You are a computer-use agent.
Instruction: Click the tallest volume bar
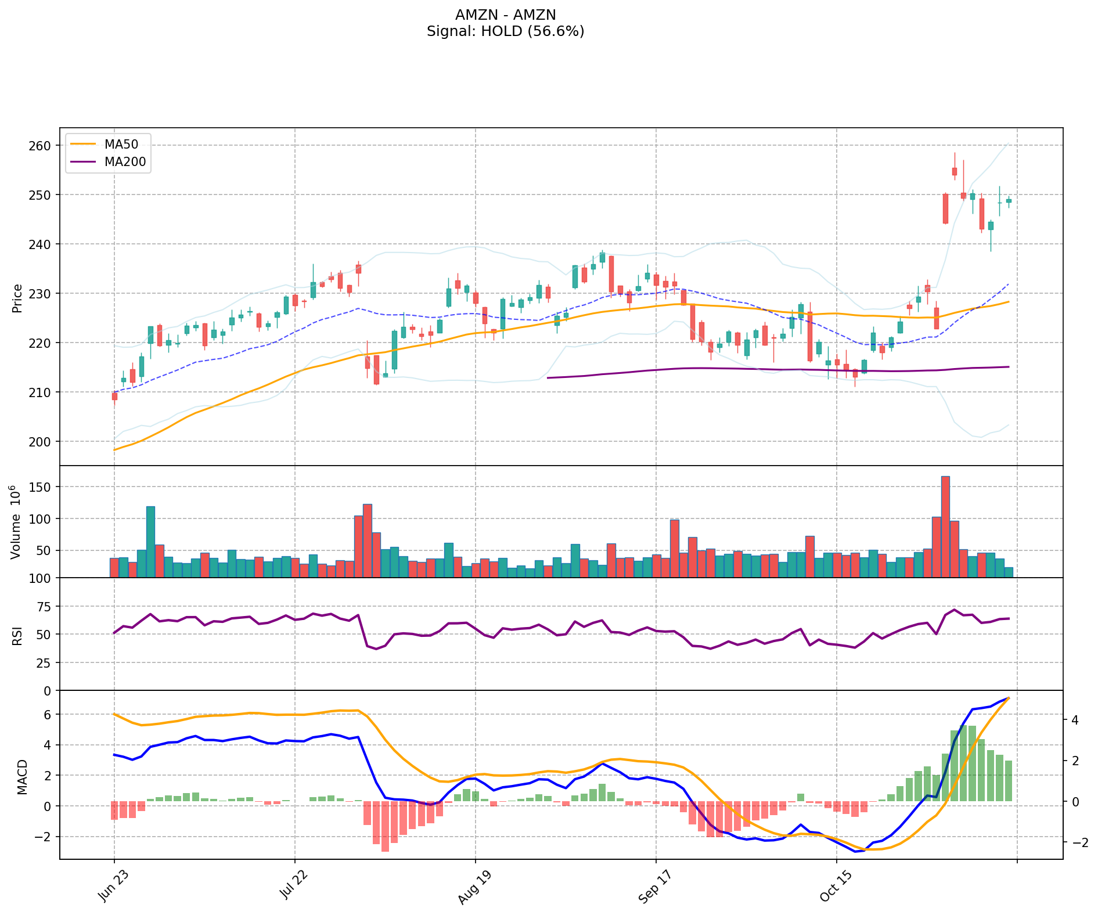[x=945, y=525]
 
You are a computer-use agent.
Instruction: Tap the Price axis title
[x=17, y=298]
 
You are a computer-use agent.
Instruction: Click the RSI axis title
[x=17, y=635]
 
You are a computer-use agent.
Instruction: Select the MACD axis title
[x=22, y=777]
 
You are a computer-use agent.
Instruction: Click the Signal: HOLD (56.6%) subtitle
[x=505, y=31]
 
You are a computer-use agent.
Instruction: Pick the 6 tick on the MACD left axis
[x=46, y=715]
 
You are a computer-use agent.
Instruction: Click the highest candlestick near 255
[x=954, y=171]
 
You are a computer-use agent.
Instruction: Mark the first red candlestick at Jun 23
[x=114, y=397]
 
